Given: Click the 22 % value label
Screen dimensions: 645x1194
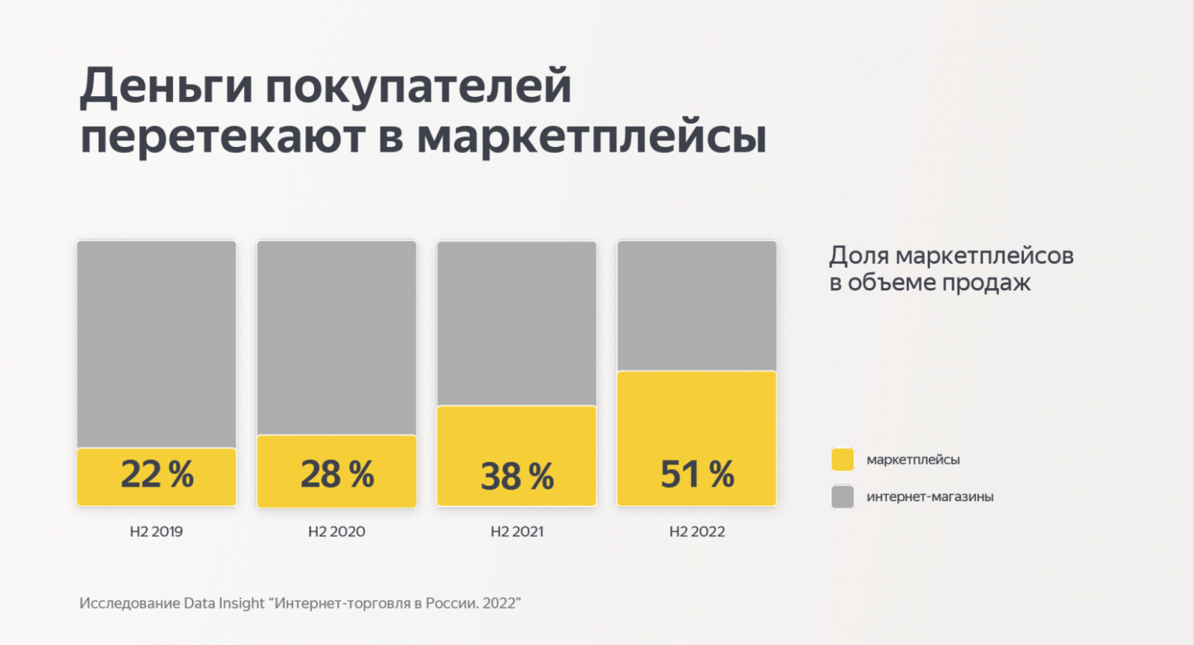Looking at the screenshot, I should [157, 475].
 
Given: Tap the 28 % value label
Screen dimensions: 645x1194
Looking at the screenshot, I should [337, 475].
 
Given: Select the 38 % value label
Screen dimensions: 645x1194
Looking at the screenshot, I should [517, 477].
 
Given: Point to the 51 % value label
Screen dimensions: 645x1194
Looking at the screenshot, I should [697, 475].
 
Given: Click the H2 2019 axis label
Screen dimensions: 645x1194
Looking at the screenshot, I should [156, 532].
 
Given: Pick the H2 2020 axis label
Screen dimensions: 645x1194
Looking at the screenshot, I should [337, 532].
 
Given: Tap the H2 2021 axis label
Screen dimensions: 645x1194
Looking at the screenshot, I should [517, 532].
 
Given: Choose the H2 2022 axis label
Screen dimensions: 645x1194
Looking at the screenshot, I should [697, 532].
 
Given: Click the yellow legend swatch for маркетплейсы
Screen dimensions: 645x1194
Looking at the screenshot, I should [843, 460].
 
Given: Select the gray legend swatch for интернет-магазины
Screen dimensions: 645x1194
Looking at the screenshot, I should [843, 496].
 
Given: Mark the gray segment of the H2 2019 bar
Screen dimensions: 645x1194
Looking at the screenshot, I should [157, 343].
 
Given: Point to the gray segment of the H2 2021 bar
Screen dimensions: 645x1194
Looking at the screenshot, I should [517, 322].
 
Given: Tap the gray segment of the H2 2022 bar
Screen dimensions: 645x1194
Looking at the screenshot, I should [697, 305].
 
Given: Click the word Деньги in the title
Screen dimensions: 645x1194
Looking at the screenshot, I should [166, 87].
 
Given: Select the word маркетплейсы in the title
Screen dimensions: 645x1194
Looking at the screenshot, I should [591, 137].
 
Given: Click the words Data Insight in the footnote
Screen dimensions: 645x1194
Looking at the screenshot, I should [224, 603].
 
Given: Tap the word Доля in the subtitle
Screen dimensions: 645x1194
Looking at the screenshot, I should [859, 256].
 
